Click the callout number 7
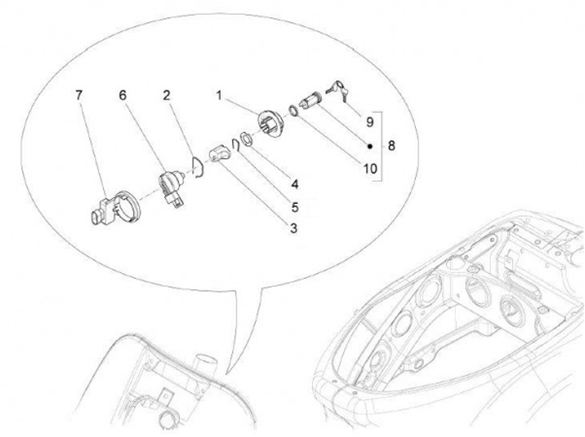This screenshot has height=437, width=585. pos(78,96)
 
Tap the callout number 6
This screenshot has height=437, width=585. pos(123,96)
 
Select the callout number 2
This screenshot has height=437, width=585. pos(167,96)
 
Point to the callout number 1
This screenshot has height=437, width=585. pos(219,96)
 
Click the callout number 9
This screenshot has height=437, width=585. pos(370,122)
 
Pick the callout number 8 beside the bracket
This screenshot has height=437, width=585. pos(391,145)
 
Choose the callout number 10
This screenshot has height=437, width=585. pos(370,169)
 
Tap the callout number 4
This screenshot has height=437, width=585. pos(295,184)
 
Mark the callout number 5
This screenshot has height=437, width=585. pos(295,207)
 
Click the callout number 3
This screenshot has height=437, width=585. pos(293,228)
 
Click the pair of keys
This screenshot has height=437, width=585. pos(338,89)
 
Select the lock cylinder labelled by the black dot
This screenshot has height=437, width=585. pos(310,101)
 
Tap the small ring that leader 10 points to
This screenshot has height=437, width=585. pos(293,110)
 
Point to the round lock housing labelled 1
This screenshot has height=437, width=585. pos(271,123)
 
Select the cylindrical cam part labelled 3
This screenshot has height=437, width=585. pos(218,154)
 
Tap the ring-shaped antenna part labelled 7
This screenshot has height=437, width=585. pos(116,208)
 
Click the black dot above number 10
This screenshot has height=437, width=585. pos(370,146)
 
